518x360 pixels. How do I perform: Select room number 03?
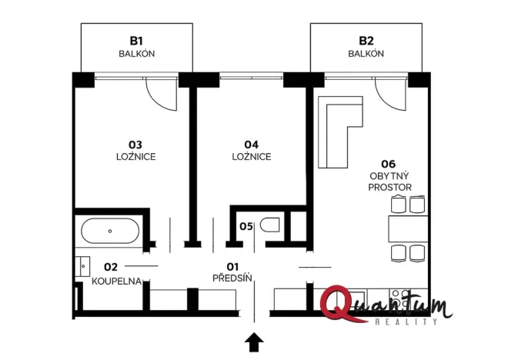pos(135,144)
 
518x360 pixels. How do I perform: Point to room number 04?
pos(251,144)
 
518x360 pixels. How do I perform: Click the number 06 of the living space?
pos(388,164)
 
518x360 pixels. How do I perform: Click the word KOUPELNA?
pos(116,281)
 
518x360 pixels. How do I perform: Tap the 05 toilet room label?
pos(246,226)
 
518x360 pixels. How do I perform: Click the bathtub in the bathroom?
pos(111,231)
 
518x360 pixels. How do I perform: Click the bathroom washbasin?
pos(83,266)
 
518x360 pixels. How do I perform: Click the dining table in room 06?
pos(407,228)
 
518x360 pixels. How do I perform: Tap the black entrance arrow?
pos(254,341)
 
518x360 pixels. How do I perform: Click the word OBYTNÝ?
pos(389,175)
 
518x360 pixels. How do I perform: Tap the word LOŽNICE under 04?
pos(251,156)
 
